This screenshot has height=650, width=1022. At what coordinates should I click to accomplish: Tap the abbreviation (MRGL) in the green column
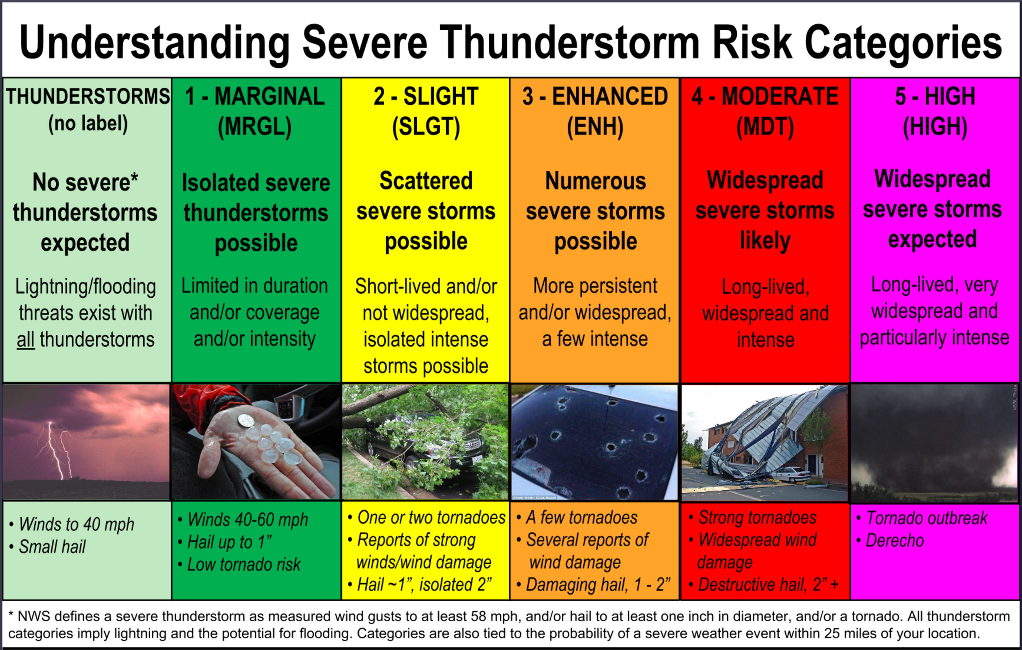point(255,126)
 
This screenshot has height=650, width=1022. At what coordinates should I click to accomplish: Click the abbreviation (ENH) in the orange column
point(595,126)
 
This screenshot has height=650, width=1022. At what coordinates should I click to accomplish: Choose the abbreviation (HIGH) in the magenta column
point(935,126)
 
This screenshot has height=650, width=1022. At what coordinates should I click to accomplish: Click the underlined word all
point(26,340)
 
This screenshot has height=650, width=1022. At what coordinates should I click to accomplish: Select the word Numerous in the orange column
point(595,181)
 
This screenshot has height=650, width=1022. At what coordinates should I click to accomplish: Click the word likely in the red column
point(765,241)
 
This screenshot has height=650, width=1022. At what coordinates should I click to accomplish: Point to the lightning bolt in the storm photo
point(55,450)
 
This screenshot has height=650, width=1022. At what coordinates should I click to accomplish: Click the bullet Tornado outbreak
point(926,518)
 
